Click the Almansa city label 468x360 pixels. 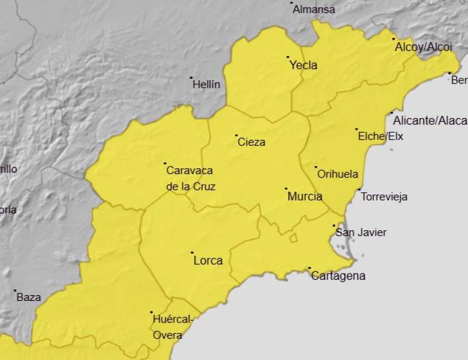[x=314, y=10]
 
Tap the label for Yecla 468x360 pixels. [x=304, y=65]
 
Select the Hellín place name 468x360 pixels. [x=207, y=85]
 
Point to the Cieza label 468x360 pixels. [x=251, y=142]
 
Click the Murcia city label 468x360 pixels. [x=305, y=196]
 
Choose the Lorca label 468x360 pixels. [x=208, y=261]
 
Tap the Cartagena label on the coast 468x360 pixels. [x=338, y=276]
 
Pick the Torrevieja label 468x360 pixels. [x=384, y=197]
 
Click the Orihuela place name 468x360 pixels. [x=337, y=174]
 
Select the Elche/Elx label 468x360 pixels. [x=380, y=137]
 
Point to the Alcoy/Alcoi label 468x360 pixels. [x=424, y=47]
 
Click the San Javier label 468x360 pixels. [x=360, y=233]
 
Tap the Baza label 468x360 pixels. [x=29, y=297]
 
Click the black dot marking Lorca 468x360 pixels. [x=192, y=253]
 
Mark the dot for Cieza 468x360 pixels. [x=236, y=136]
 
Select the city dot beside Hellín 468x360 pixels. [x=191, y=78]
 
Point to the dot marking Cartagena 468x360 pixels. [x=309, y=268]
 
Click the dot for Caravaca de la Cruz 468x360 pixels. [x=165, y=164]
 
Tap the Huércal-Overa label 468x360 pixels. [x=171, y=327]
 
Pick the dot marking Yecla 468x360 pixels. [x=288, y=57]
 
